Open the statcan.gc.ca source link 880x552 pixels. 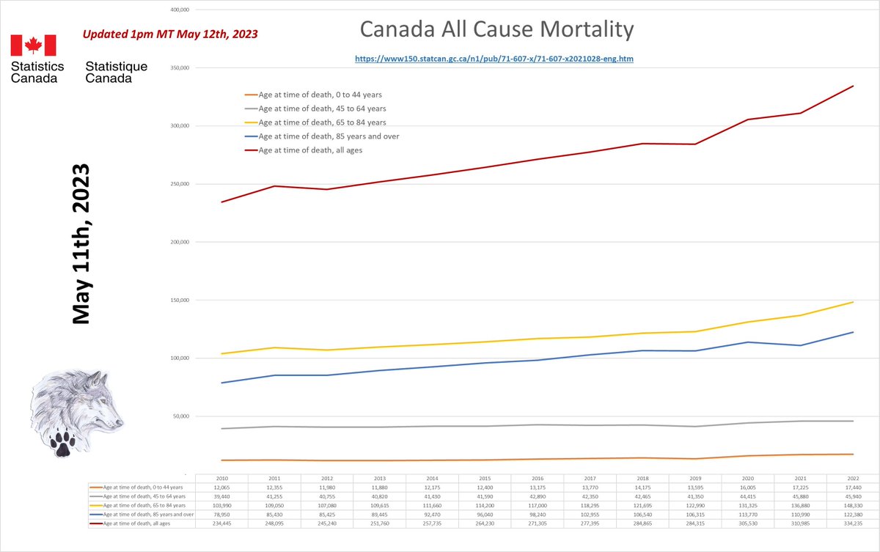[494, 57]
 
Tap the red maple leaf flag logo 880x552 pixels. [33, 45]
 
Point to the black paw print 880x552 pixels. [62, 442]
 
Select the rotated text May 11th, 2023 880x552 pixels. [80, 243]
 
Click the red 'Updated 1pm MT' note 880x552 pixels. [169, 34]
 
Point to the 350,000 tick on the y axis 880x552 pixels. [180, 68]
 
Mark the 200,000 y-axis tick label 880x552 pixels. [180, 243]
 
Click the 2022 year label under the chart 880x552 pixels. [854, 477]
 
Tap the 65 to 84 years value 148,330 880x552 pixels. [854, 505]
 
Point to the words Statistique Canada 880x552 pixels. [116, 72]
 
